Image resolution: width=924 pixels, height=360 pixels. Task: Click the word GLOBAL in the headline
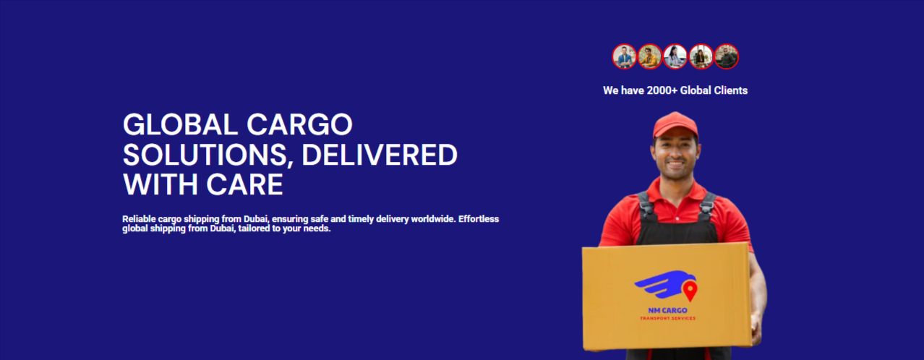tap(180, 124)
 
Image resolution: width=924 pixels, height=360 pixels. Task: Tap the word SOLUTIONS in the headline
tap(205, 155)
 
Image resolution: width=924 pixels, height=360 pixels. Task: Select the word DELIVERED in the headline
tap(380, 155)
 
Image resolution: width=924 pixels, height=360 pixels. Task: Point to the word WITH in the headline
tap(161, 184)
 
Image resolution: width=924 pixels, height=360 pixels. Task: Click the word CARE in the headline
tap(244, 184)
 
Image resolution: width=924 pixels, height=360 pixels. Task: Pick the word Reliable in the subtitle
tap(139, 218)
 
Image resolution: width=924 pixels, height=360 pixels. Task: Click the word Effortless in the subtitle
tap(479, 218)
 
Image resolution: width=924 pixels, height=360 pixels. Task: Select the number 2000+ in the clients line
tap(662, 90)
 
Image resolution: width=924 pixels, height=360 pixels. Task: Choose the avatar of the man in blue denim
tap(624, 56)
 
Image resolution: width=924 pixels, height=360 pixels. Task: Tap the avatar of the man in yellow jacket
tap(650, 56)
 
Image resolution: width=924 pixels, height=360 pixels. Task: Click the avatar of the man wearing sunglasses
tap(727, 56)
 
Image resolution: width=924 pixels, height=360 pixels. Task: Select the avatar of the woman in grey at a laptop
tap(675, 56)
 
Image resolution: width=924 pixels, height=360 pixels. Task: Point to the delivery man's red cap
tap(675, 124)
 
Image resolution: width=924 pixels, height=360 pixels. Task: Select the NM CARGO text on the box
tap(667, 311)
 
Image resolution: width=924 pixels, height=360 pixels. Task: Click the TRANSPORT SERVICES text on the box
tap(667, 318)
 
